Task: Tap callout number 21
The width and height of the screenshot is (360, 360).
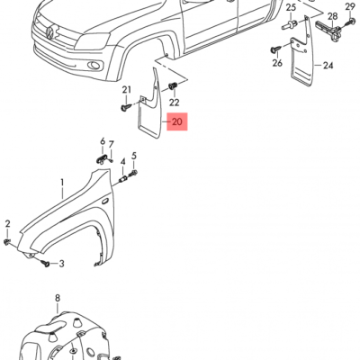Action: point(127,90)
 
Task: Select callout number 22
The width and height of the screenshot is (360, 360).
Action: point(174,103)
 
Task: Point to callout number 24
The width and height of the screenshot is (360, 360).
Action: point(328,67)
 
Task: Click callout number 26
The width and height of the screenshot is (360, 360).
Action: point(277,64)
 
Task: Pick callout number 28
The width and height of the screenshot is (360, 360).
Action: point(332,17)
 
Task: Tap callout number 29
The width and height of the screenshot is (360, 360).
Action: point(350,7)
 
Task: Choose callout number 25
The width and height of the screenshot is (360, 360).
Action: point(291,7)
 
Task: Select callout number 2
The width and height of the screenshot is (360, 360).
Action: point(7,223)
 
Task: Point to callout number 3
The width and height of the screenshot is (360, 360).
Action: point(61,264)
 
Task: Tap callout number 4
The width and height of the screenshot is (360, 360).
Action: point(122,162)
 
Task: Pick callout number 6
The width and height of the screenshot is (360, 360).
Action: point(103,142)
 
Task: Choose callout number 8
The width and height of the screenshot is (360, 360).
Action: point(57,298)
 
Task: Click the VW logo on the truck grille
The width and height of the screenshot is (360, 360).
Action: point(44,34)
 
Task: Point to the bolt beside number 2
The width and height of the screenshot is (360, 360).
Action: point(8,241)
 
